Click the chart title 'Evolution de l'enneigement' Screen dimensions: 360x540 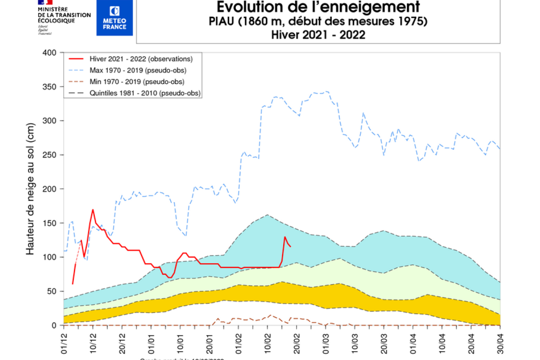click(x=318, y=7)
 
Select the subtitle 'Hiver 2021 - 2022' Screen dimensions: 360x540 click(x=318, y=34)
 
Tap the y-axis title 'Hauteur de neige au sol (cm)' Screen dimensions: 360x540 click(x=30, y=189)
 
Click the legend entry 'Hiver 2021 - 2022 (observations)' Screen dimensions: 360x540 click(x=141, y=59)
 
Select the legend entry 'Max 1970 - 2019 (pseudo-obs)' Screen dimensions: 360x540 click(x=138, y=70)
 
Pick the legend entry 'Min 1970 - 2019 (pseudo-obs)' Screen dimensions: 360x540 click(x=137, y=81)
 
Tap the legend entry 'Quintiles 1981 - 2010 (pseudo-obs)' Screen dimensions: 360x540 click(x=145, y=93)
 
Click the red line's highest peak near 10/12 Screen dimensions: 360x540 click(x=93, y=209)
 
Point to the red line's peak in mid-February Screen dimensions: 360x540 click(x=285, y=237)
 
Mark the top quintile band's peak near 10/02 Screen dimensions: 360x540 click(x=268, y=215)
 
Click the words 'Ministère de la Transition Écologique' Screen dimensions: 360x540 click(x=64, y=15)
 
